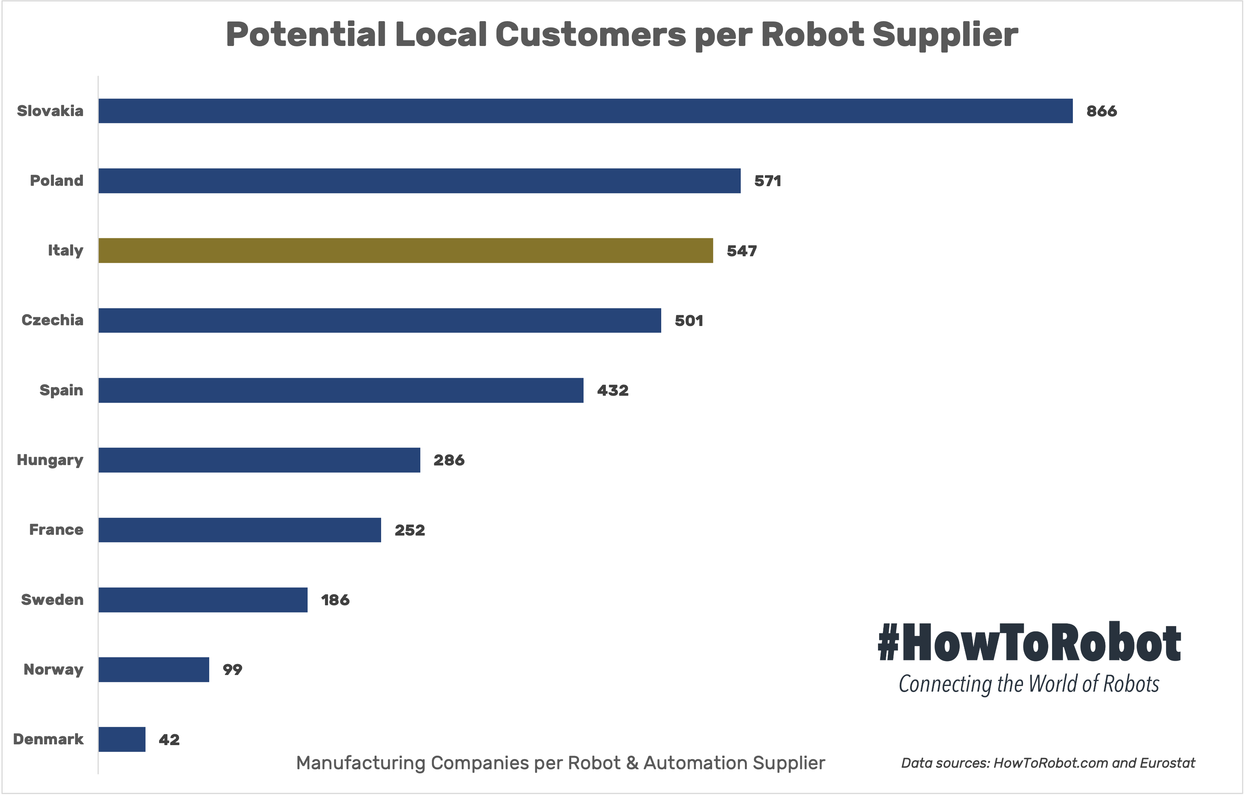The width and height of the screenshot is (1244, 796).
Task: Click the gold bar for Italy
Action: (x=406, y=251)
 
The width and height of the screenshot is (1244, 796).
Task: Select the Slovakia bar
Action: (x=585, y=110)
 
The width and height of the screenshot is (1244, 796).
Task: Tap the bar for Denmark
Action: (x=122, y=739)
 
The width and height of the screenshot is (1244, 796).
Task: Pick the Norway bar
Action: (x=154, y=669)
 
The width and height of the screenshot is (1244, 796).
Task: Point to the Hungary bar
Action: (x=259, y=460)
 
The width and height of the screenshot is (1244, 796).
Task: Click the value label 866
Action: (x=1102, y=111)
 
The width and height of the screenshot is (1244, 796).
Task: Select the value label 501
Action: (x=689, y=320)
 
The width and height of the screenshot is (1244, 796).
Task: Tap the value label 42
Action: (x=169, y=740)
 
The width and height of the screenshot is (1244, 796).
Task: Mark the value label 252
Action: (x=410, y=530)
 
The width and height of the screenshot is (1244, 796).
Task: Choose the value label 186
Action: (x=335, y=600)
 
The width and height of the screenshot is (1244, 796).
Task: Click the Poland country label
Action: (x=56, y=181)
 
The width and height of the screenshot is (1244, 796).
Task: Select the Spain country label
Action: (x=61, y=390)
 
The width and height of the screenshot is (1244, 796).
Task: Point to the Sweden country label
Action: (x=52, y=600)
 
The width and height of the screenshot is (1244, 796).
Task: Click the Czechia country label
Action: (x=52, y=320)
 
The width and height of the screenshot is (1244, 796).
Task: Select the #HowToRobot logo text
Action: (x=1029, y=643)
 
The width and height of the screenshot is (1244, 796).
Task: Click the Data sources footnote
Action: (x=1048, y=763)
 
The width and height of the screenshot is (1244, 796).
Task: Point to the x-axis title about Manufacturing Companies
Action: (x=561, y=763)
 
